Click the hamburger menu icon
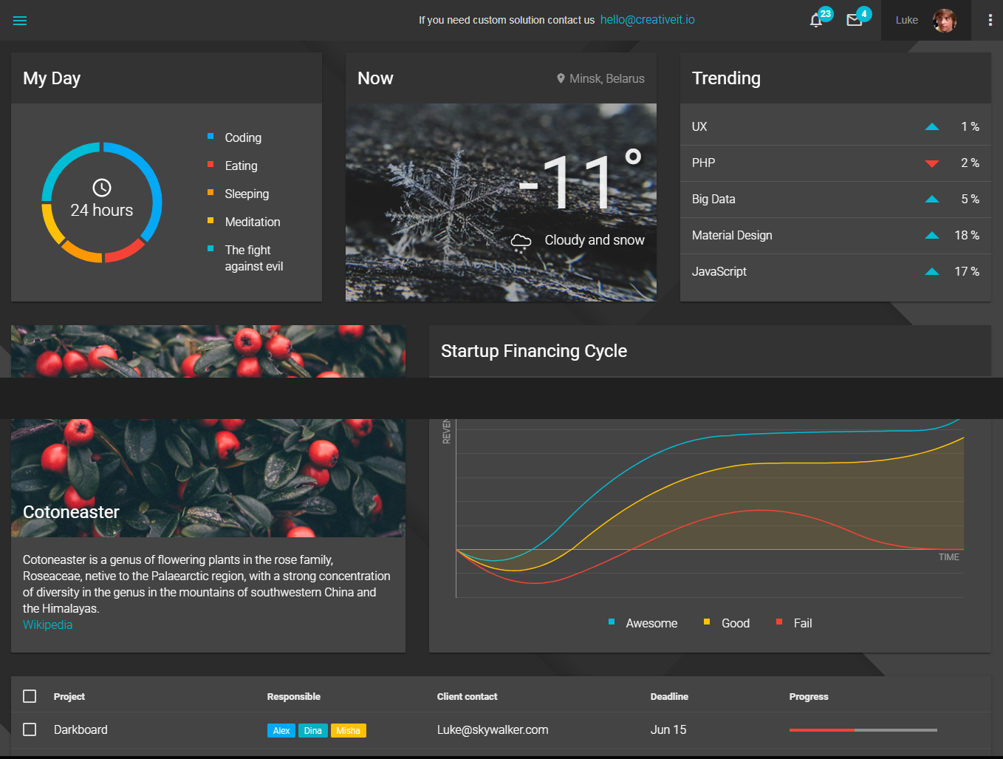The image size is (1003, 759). pyautogui.click(x=20, y=21)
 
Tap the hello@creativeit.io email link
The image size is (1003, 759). pyautogui.click(x=647, y=20)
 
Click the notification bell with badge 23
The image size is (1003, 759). pyautogui.click(x=816, y=20)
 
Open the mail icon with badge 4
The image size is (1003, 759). pyautogui.click(x=855, y=20)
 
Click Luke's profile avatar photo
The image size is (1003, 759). pyautogui.click(x=944, y=21)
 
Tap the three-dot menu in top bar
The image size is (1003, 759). pyautogui.click(x=990, y=21)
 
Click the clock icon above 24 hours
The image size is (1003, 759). pyautogui.click(x=102, y=188)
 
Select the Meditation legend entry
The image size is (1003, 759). pyautogui.click(x=252, y=222)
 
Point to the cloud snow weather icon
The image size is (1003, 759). pyautogui.click(x=521, y=242)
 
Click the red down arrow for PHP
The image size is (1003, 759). pyautogui.click(x=932, y=163)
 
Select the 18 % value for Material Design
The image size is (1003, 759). pyautogui.click(x=966, y=235)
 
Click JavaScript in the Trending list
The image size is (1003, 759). pyautogui.click(x=719, y=271)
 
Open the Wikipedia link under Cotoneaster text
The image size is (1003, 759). pyautogui.click(x=47, y=624)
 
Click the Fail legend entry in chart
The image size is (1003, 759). pyautogui.click(x=802, y=623)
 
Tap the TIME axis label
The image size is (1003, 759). pyautogui.click(x=948, y=557)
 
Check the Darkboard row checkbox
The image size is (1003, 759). pyautogui.click(x=30, y=729)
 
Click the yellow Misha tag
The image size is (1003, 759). pyautogui.click(x=348, y=730)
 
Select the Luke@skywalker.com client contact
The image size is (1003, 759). pyautogui.click(x=492, y=729)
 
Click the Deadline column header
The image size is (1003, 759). pyautogui.click(x=668, y=696)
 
